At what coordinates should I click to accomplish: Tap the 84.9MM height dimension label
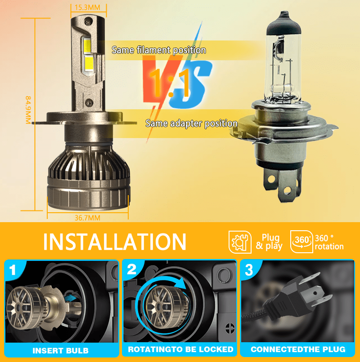[28, 110]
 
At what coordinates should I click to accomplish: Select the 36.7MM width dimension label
[88, 218]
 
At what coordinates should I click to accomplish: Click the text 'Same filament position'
[158, 50]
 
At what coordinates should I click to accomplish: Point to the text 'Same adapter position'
[191, 123]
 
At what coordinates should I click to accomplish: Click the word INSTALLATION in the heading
[114, 241]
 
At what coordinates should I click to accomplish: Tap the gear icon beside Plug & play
[240, 242]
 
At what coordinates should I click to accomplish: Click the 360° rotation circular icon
[301, 241]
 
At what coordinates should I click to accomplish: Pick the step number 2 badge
[132, 270]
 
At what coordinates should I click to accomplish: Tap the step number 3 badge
[249, 270]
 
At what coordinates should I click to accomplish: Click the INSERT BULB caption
[60, 350]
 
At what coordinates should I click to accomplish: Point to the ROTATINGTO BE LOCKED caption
[180, 349]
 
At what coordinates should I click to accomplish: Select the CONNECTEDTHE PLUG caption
[298, 349]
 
